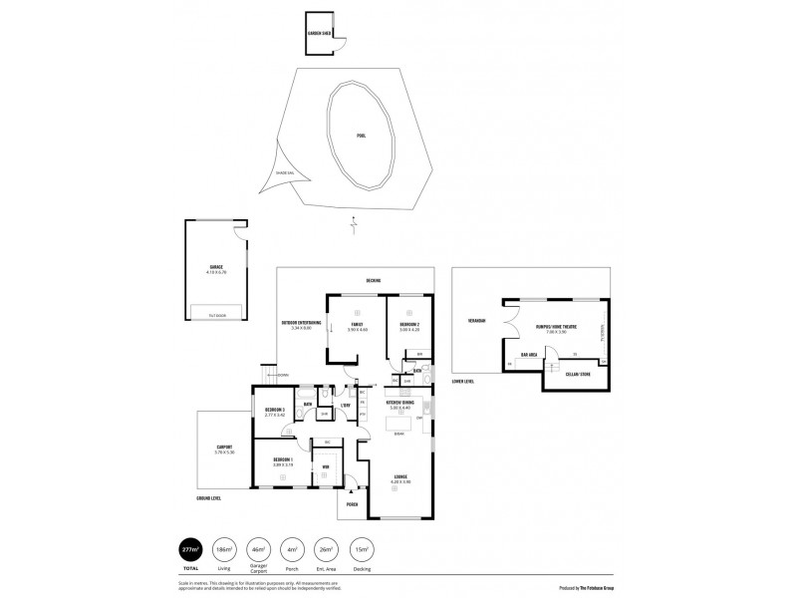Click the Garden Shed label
319,31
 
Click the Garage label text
215,266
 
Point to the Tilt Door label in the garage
215,315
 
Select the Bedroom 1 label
282,460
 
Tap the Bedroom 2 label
409,324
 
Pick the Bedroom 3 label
274,410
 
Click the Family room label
356,324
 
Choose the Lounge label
400,477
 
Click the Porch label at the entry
352,504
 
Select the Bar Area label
529,354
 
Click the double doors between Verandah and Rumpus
511,326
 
